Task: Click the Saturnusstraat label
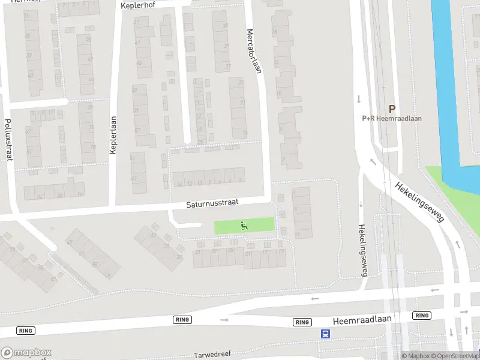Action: point(212,205)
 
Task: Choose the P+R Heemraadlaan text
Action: point(392,118)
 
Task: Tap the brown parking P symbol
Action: point(392,109)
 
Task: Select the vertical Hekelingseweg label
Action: point(362,250)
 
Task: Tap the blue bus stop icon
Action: point(325,334)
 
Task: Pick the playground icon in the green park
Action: point(244,226)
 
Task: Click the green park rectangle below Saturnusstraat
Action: point(261,226)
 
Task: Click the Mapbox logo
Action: point(26,353)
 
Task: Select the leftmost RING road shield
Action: point(25,331)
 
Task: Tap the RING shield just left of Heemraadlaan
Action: point(302,322)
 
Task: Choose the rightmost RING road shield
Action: point(422,316)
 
